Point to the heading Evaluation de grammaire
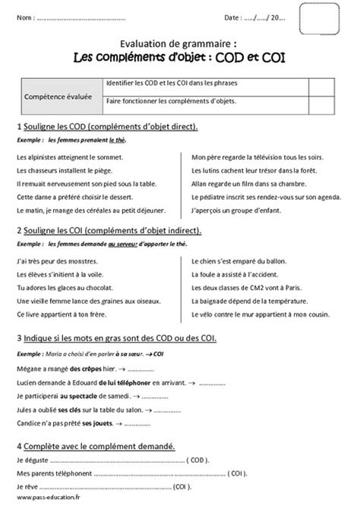tap(179, 45)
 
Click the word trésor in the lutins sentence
tap(264, 169)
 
